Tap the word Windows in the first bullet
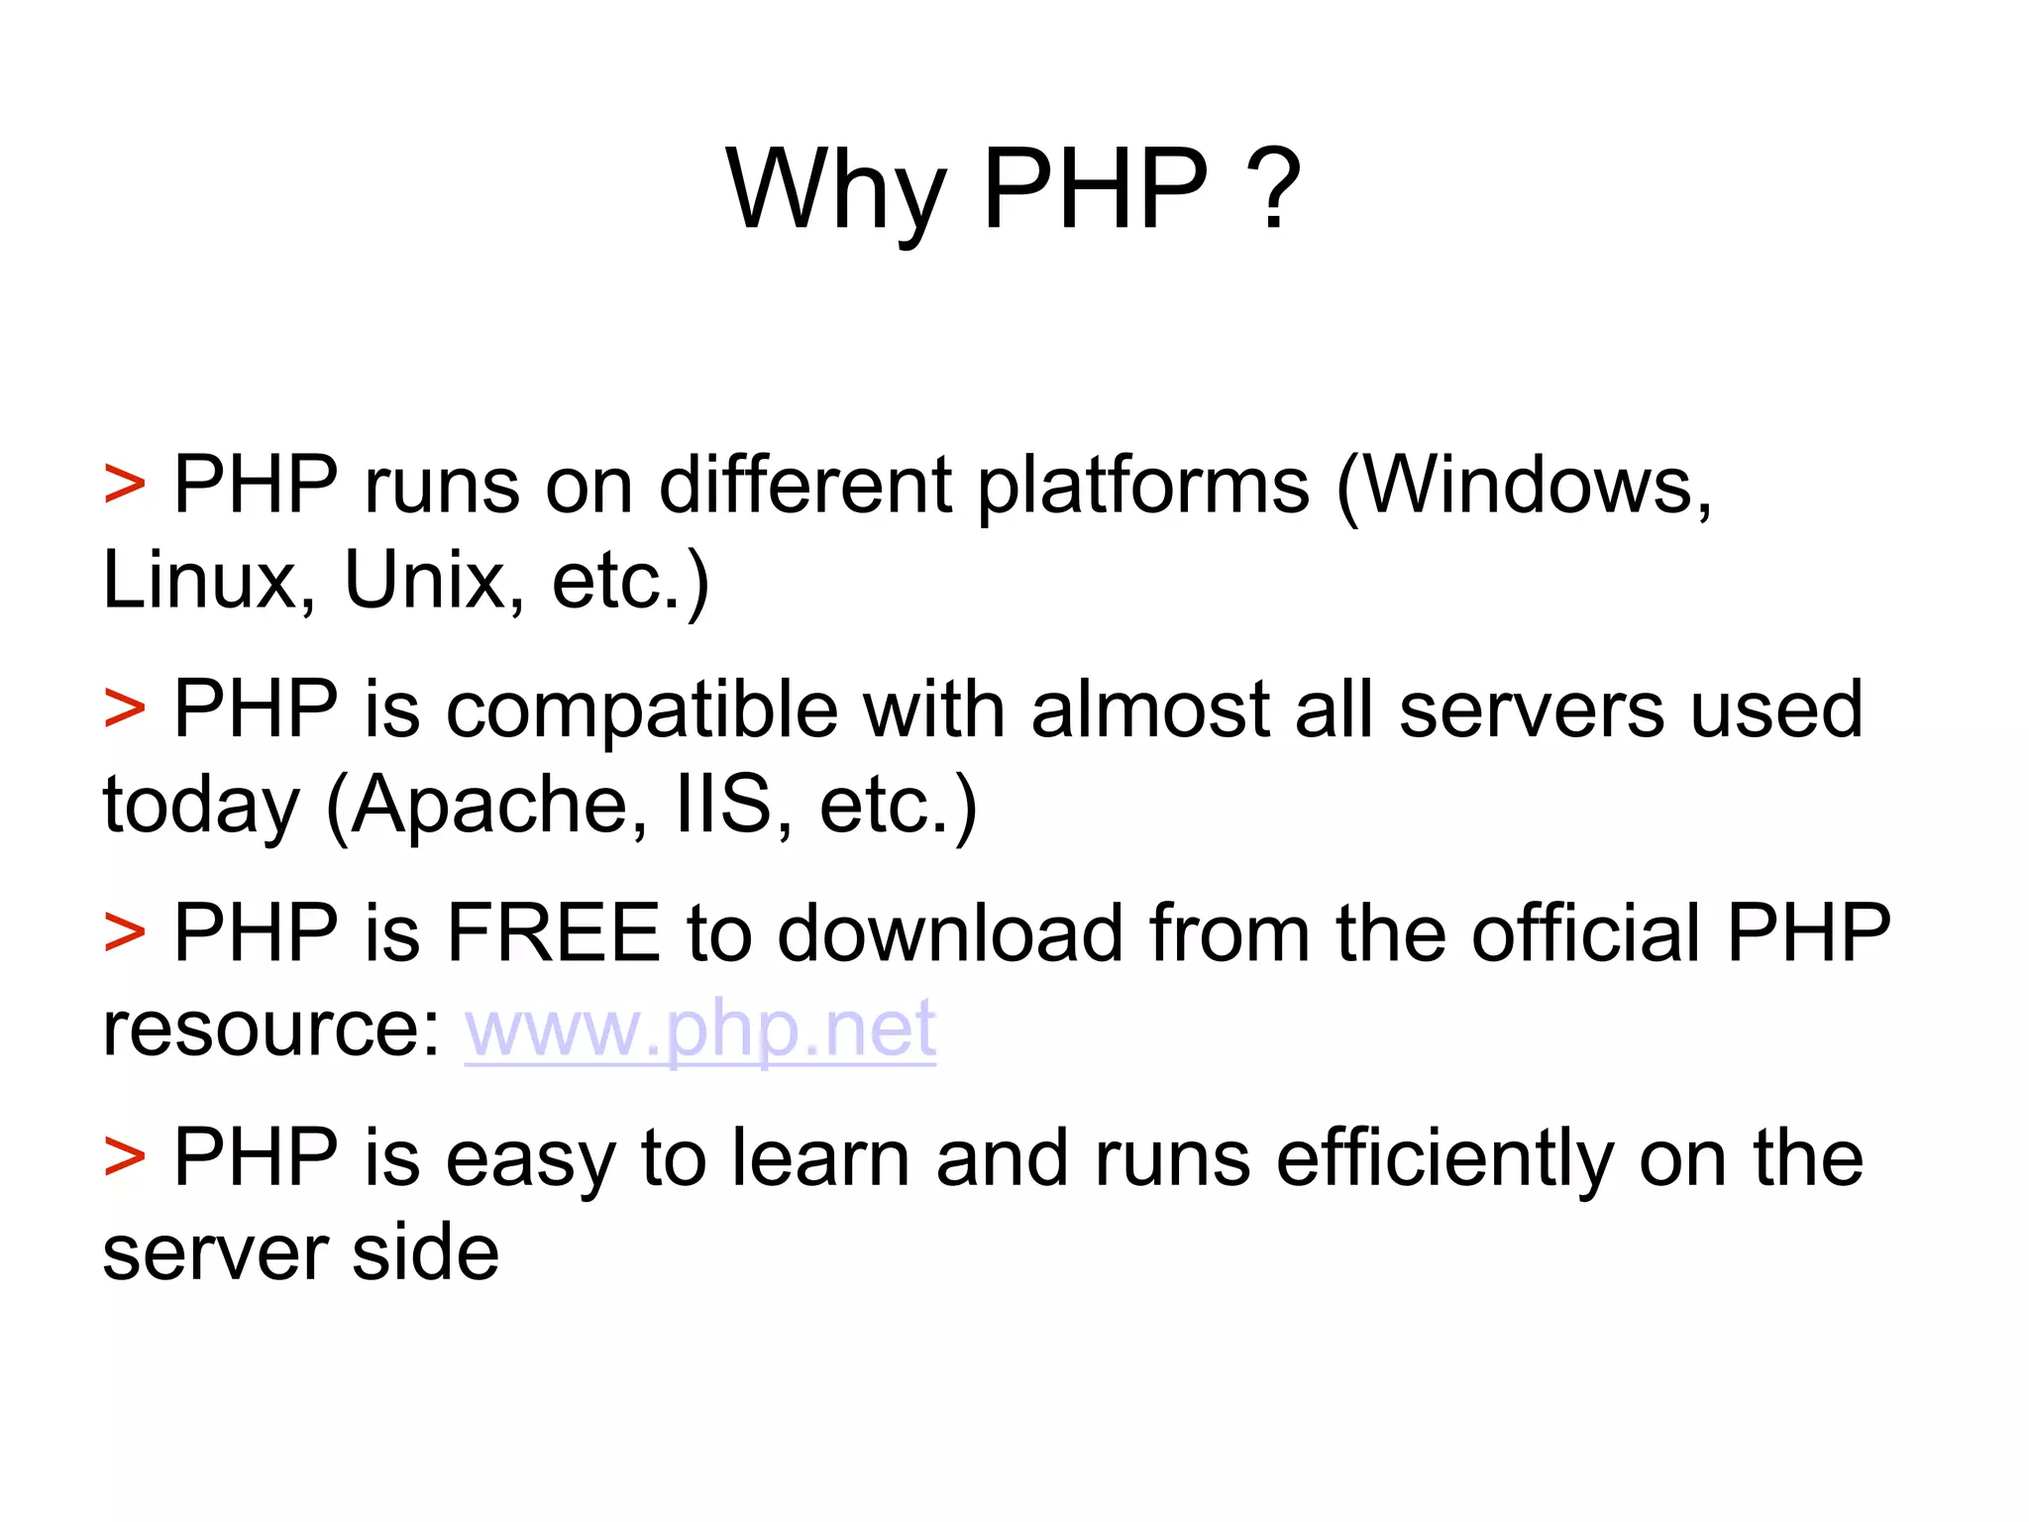click(1521, 486)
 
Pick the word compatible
click(642, 711)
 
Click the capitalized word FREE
click(553, 933)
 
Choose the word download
click(949, 933)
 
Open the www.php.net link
click(700, 1031)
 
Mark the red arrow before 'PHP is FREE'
click(125, 933)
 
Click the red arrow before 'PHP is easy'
click(125, 1157)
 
